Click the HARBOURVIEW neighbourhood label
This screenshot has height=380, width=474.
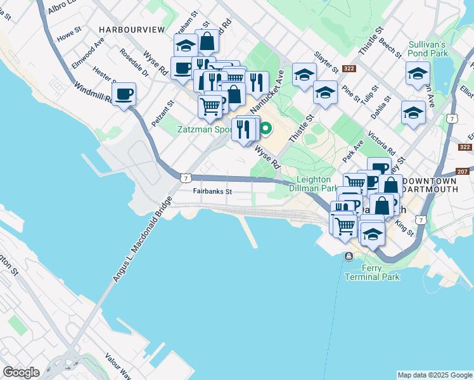tap(132, 30)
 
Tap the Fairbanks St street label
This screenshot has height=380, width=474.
tap(213, 191)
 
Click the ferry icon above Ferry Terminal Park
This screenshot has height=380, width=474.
tap(349, 256)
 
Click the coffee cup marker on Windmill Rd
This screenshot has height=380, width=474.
tap(124, 94)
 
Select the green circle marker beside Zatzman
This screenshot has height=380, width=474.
tap(267, 130)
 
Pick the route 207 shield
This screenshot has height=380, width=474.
tap(462, 172)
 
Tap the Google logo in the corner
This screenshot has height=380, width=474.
tap(21, 372)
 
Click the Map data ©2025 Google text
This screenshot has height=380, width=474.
tap(435, 375)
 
